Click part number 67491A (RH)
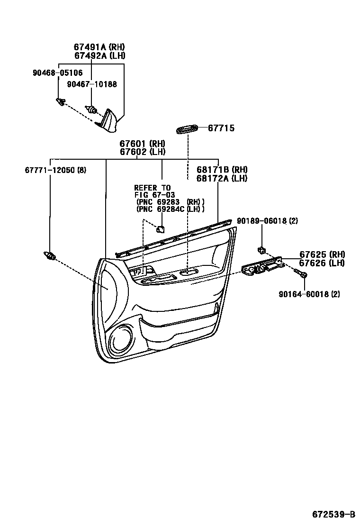point(99,47)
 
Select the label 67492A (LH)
point(99,55)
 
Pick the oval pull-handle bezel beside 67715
point(188,129)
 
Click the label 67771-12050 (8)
point(55,170)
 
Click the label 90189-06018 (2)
point(267,221)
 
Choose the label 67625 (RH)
point(322,254)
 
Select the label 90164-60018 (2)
point(309,294)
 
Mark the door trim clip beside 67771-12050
point(49,256)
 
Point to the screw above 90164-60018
point(300,273)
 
